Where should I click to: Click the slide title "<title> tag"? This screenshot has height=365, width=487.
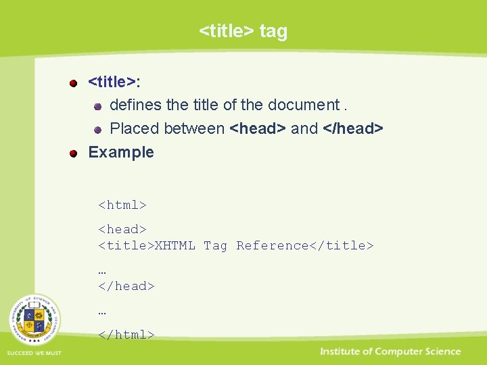coord(243,31)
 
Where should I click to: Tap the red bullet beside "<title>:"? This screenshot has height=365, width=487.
coord(74,83)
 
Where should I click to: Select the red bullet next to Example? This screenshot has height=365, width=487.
coord(74,153)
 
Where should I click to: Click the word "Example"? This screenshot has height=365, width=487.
coord(121,152)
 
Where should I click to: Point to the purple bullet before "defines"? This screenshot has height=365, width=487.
coord(97,106)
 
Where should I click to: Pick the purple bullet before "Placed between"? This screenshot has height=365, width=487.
coord(97,129)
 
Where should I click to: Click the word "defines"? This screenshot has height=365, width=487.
coord(135,105)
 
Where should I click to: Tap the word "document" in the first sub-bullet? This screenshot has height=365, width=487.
coord(303,105)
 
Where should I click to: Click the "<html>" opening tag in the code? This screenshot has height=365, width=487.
coord(122,205)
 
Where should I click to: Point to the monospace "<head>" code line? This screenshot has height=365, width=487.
coord(122,229)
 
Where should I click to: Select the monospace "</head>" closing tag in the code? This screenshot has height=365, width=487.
coord(126,286)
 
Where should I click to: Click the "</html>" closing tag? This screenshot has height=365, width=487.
coord(126,334)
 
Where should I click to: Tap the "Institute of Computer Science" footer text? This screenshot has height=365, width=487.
coord(390,351)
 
